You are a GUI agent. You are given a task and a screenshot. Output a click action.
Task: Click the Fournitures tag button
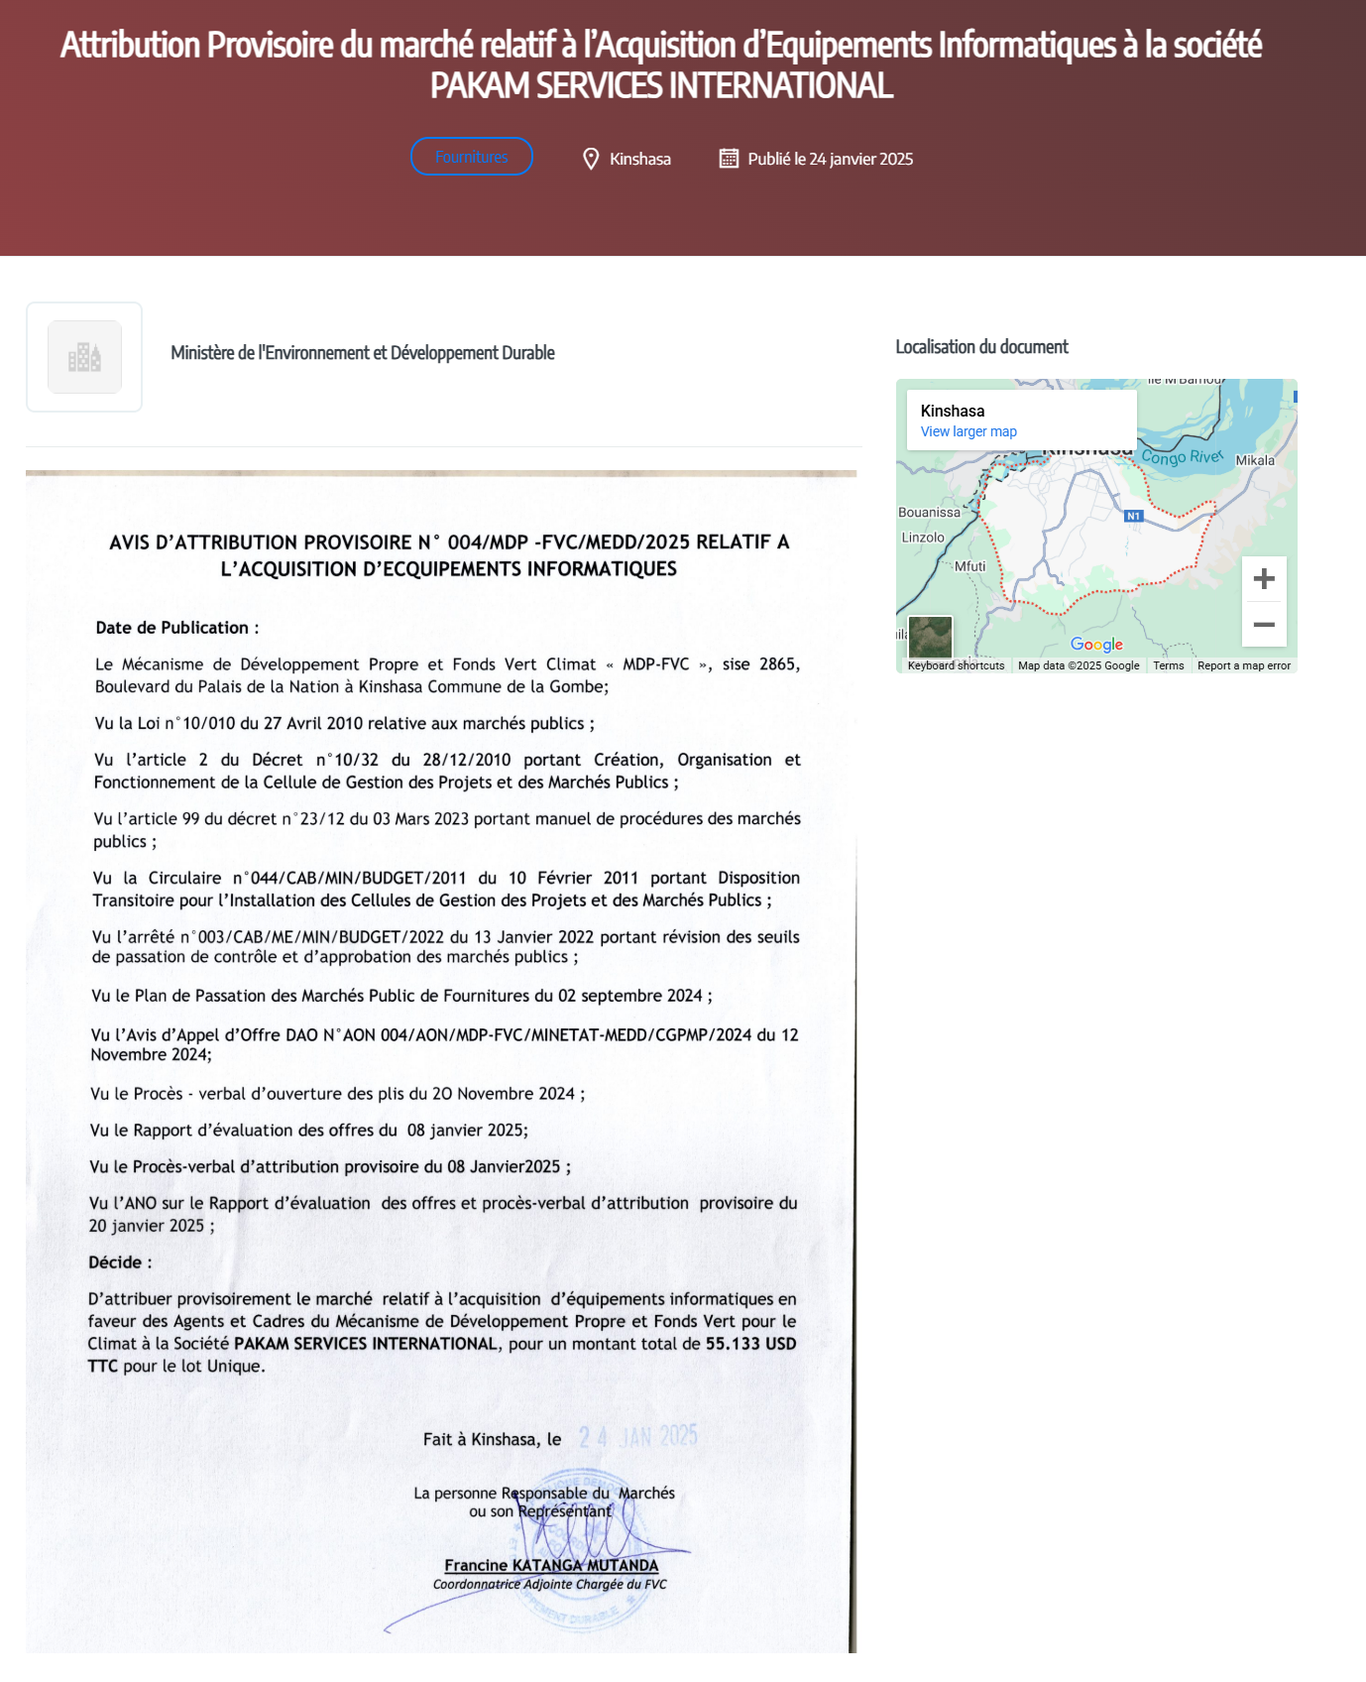(x=471, y=157)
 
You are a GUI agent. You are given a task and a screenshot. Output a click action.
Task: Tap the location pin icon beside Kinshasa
(x=591, y=159)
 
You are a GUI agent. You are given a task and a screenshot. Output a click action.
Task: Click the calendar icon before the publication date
(x=729, y=159)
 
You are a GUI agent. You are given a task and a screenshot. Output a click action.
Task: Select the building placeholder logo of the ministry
(x=84, y=357)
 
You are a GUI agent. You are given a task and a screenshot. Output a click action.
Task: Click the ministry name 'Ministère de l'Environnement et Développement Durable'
(x=362, y=353)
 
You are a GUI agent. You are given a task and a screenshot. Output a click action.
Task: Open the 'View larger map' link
(x=968, y=431)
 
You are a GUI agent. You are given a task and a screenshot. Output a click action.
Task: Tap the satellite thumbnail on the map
(x=930, y=637)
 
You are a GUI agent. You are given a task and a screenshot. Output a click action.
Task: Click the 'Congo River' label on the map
(x=1182, y=457)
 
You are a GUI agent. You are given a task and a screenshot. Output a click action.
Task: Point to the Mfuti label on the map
(x=969, y=566)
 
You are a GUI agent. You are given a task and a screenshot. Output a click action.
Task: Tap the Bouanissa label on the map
(x=929, y=513)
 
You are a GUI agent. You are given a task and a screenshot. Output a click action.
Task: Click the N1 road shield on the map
(x=1134, y=516)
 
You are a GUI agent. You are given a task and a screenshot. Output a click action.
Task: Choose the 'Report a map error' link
(x=1243, y=665)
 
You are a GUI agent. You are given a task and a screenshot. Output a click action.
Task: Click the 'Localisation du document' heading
(x=981, y=347)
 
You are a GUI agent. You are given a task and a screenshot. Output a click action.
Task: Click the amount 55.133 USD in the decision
(x=750, y=1344)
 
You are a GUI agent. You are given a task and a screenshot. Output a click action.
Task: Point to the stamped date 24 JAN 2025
(x=638, y=1437)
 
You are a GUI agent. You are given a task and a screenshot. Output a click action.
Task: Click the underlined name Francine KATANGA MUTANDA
(x=551, y=1565)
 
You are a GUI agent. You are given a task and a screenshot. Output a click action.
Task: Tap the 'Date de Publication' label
(x=172, y=628)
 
